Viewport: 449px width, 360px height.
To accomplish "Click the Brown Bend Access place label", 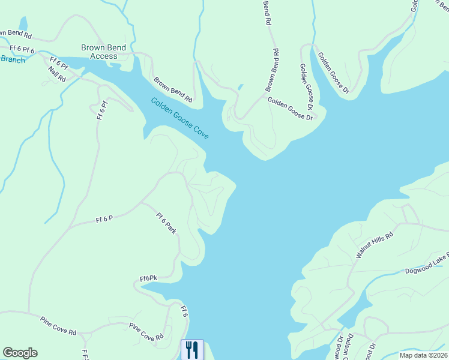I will tap(104, 52).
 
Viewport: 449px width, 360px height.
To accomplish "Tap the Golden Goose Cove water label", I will tap(179, 118).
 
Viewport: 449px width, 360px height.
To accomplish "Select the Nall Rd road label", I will tap(57, 72).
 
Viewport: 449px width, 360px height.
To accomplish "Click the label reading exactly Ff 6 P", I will tap(104, 220).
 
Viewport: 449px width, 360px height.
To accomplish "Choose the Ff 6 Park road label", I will tap(166, 223).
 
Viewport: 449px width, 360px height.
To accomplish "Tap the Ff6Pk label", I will tap(148, 278).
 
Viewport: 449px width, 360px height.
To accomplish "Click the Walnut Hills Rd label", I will tap(373, 245).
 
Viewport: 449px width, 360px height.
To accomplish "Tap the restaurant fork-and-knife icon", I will tap(192, 349).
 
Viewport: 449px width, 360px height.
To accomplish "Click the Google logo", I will tap(20, 353).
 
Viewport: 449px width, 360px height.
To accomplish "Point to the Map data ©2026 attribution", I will tap(424, 355).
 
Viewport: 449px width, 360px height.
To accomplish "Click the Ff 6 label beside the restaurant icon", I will tap(185, 311).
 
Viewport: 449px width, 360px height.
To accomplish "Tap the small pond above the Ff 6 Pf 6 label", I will tap(23, 23).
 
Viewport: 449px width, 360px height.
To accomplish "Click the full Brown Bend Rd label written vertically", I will tap(273, 70).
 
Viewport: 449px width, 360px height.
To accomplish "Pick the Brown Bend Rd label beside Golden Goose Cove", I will tap(172, 89).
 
